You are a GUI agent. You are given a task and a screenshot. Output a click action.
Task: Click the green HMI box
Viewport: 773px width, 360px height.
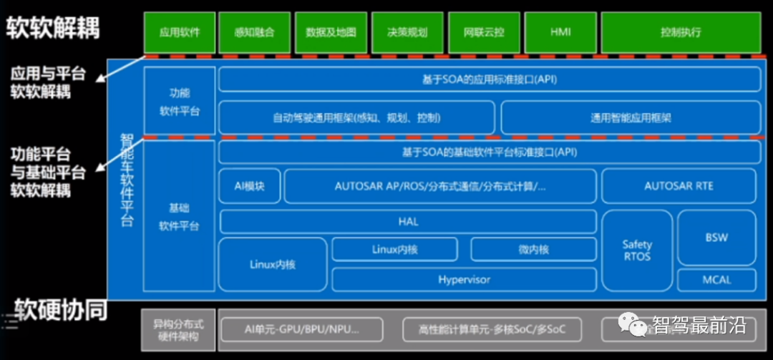[x=560, y=32]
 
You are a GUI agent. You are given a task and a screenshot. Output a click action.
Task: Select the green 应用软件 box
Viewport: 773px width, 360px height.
[x=179, y=32]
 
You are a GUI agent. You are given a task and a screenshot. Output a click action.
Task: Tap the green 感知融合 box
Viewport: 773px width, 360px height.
[x=254, y=32]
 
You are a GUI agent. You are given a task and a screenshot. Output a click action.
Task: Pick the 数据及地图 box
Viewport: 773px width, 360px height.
[x=331, y=32]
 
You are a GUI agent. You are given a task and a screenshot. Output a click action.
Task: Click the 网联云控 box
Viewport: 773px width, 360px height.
[x=483, y=32]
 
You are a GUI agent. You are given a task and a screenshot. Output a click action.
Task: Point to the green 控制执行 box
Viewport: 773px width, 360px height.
[x=681, y=32]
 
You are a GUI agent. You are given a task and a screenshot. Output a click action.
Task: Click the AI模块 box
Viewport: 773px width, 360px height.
[x=249, y=186]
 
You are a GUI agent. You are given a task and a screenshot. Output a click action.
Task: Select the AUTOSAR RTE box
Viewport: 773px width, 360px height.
[x=679, y=186]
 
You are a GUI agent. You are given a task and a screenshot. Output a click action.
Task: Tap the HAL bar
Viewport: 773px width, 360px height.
[x=408, y=222]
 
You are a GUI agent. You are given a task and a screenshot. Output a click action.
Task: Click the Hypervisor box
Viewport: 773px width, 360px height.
[x=464, y=280]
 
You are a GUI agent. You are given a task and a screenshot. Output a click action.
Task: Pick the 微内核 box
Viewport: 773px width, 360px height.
[x=533, y=249]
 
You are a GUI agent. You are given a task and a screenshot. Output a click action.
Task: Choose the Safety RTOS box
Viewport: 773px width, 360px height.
[x=636, y=251]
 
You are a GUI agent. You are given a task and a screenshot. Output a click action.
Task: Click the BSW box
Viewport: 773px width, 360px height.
[x=716, y=237]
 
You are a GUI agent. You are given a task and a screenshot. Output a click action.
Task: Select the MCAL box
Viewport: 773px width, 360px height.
[x=716, y=280]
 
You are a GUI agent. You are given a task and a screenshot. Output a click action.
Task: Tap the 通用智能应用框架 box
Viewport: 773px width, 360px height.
[x=631, y=118]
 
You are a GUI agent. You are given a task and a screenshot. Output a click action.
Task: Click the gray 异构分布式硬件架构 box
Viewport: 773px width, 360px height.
[x=176, y=330]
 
